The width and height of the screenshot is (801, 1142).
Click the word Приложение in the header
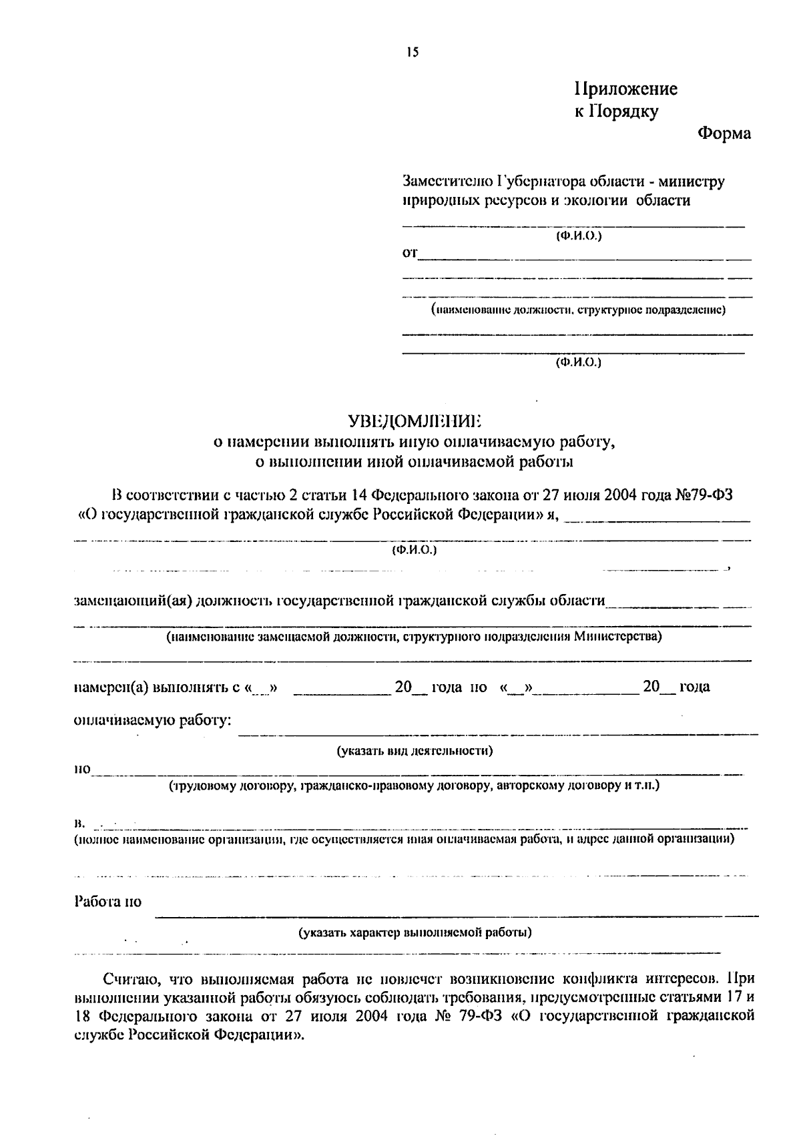(626, 89)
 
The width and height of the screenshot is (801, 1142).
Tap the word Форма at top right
(724, 133)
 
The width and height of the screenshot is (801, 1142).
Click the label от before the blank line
(409, 254)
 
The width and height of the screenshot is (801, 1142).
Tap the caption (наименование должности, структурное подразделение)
(578, 309)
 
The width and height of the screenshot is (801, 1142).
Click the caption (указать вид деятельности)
(415, 751)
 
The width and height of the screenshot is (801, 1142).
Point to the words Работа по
(107, 902)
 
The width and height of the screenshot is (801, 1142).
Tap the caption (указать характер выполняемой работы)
(415, 932)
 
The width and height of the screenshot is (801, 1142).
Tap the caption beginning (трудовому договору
(413, 786)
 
